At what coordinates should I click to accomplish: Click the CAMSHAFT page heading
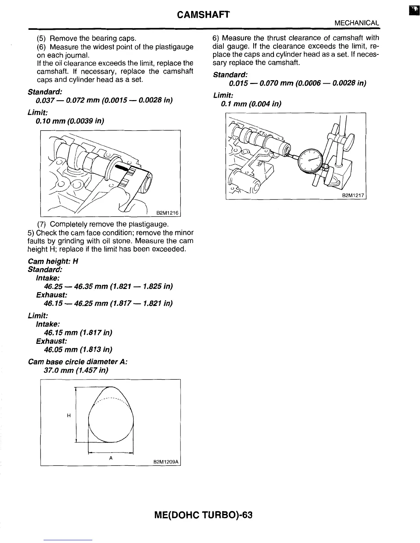[x=203, y=14]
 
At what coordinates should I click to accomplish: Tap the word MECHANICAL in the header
[x=357, y=23]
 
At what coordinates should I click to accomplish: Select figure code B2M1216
[x=167, y=213]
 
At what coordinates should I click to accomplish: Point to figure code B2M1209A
[x=166, y=462]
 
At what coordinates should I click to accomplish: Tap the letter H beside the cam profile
[x=69, y=415]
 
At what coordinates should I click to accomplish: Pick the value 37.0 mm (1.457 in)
[x=76, y=371]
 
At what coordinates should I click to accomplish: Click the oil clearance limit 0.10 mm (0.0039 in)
[x=70, y=121]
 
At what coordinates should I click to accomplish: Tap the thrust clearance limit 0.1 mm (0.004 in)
[x=251, y=104]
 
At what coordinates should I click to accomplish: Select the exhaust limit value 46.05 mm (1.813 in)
[x=78, y=350]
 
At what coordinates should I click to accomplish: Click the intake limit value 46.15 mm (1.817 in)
[x=78, y=333]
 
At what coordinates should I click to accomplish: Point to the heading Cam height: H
[x=53, y=261]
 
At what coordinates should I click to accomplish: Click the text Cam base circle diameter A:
[x=78, y=362]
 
